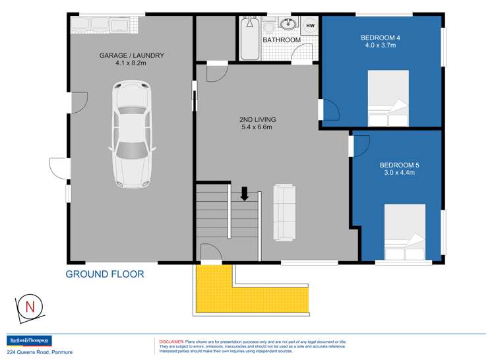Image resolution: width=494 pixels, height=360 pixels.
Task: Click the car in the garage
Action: point(131,134)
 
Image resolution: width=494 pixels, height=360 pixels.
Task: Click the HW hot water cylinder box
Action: point(310,25)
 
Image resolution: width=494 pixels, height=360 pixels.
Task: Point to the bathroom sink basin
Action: point(289,25)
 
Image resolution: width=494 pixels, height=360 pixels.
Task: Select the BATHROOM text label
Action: point(282,40)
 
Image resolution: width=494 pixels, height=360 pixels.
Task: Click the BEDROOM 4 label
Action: point(381,37)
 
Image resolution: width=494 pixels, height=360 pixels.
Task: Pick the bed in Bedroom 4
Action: point(388,99)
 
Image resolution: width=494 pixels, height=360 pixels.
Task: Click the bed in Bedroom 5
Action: point(405,233)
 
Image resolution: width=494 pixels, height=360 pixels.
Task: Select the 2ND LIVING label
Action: point(257,119)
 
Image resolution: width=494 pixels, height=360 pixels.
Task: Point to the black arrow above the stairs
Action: point(244,193)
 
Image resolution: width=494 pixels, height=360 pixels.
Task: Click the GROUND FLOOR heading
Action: point(104,274)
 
